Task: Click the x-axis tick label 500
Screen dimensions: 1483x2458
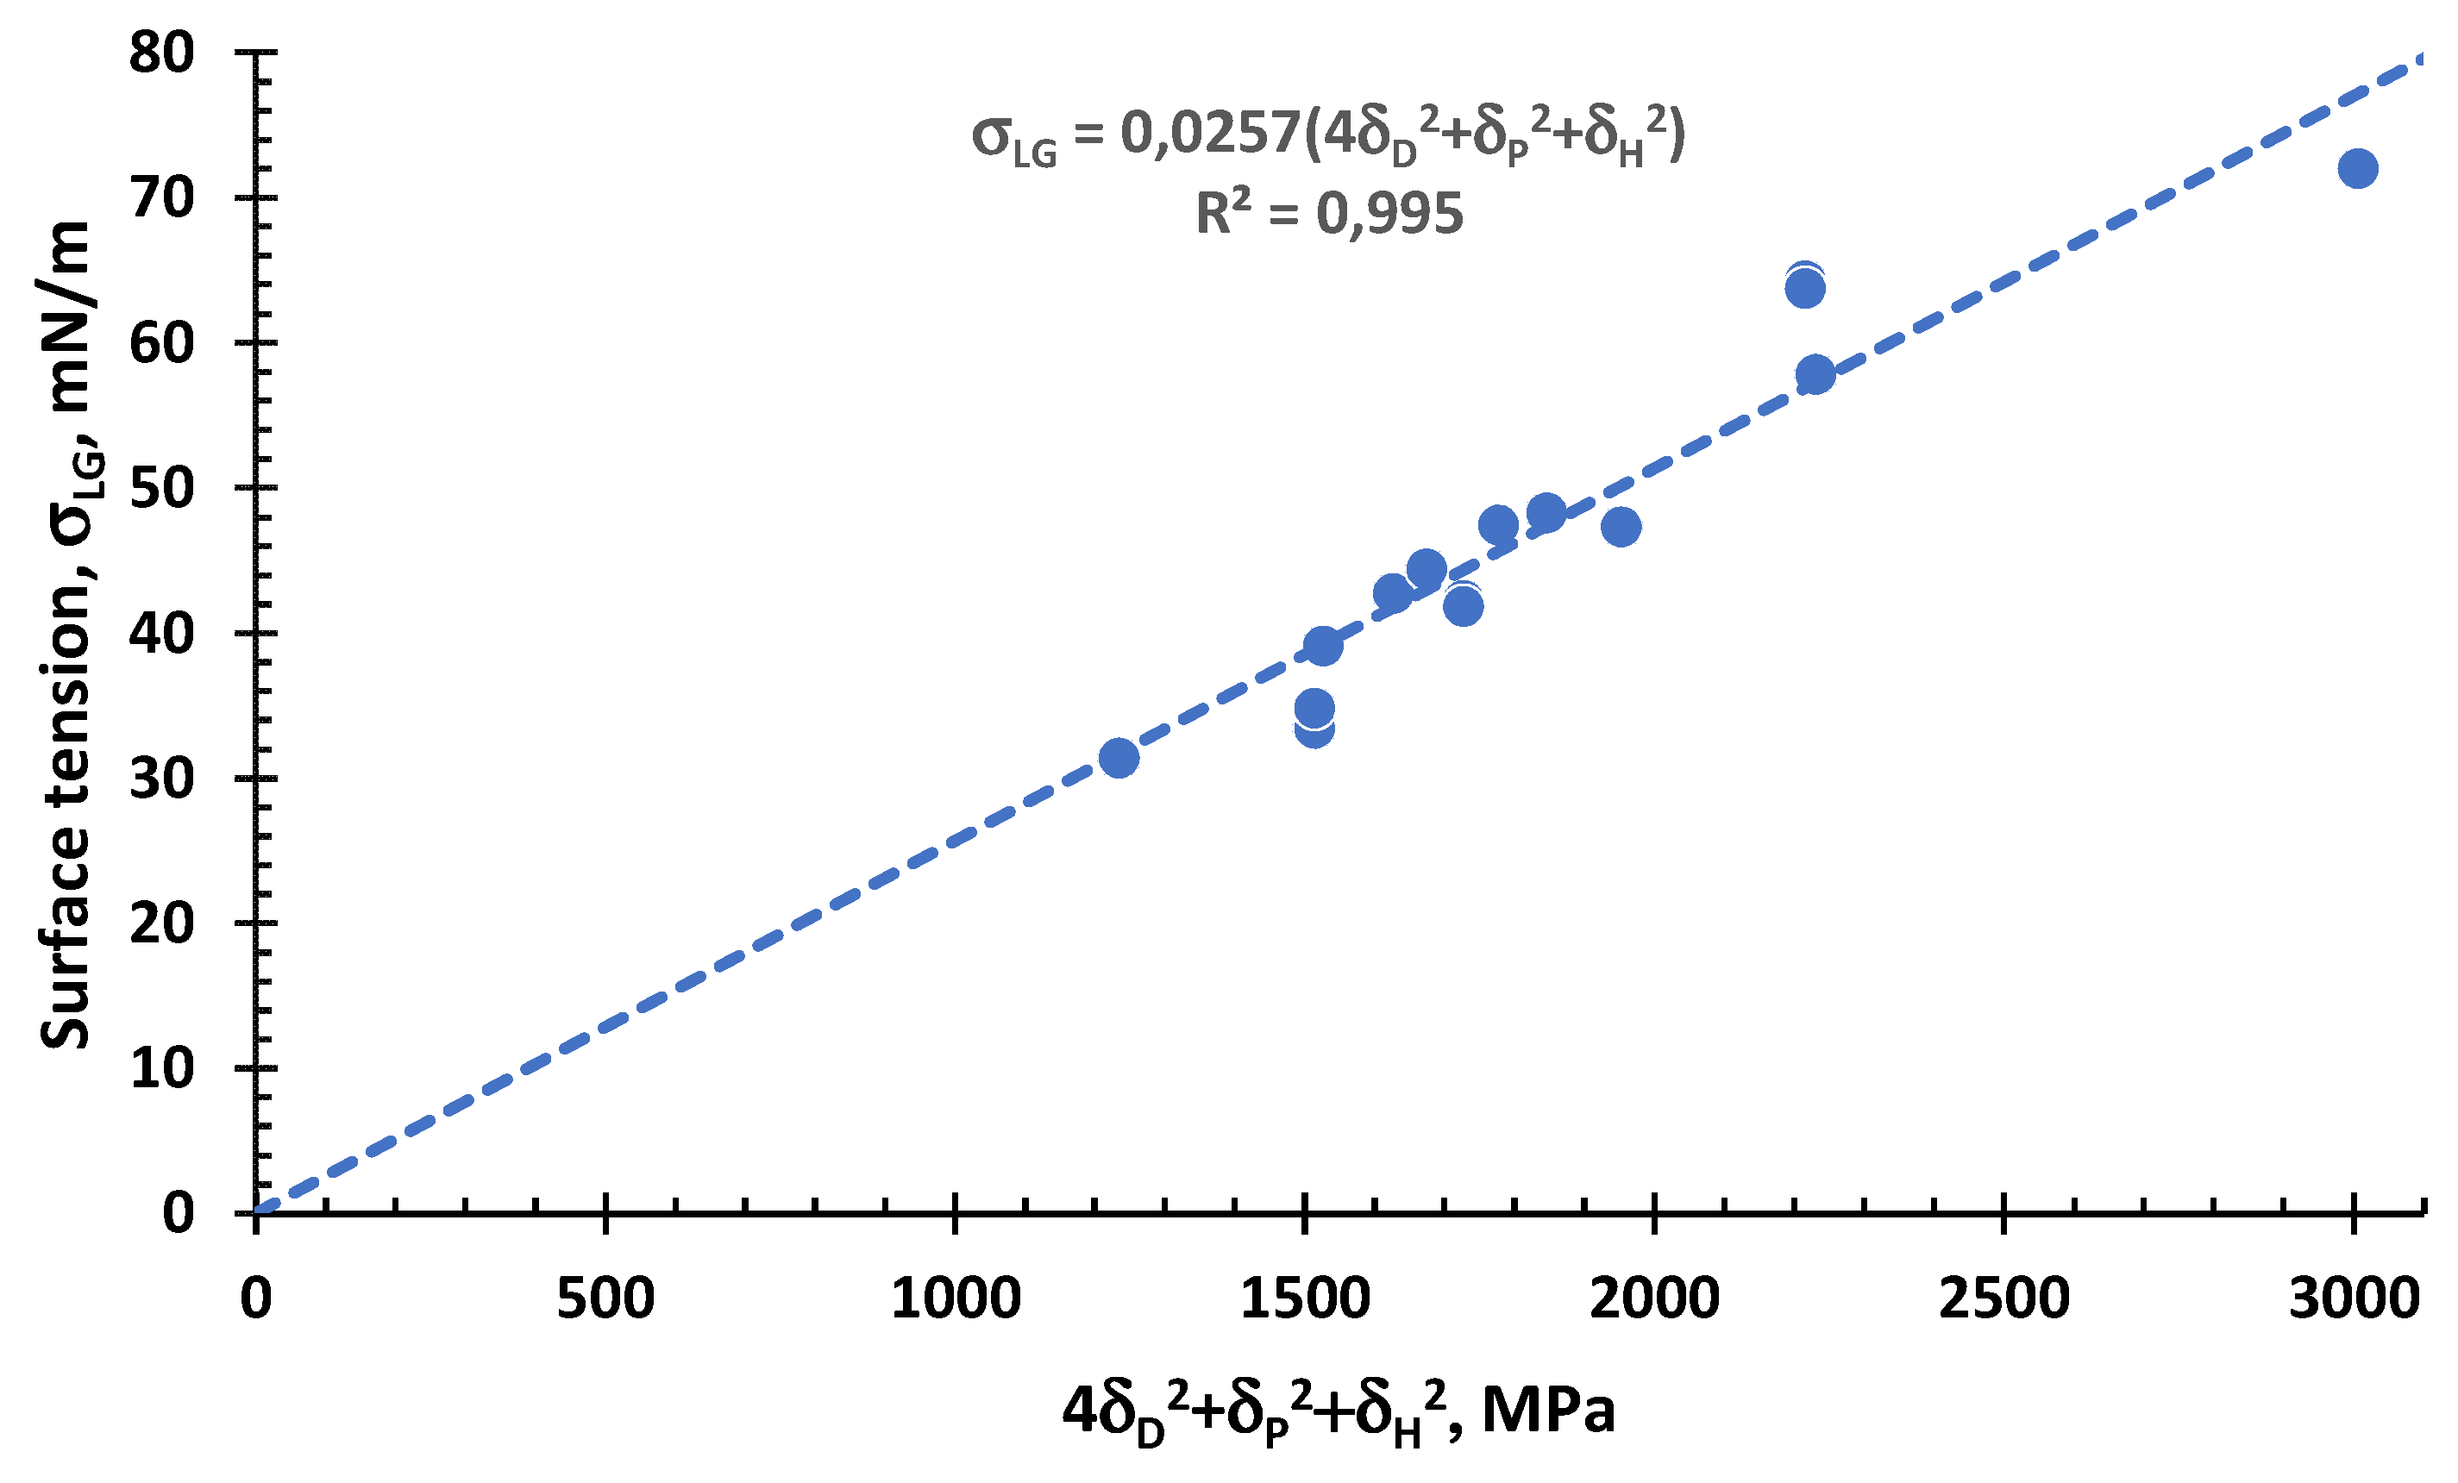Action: (x=605, y=1298)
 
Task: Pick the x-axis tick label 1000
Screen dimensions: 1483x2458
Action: (x=955, y=1298)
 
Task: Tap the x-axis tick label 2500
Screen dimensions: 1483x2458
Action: (x=2004, y=1298)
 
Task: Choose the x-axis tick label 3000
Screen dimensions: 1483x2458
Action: (x=2354, y=1298)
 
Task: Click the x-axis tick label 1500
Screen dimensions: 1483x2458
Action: (x=1305, y=1298)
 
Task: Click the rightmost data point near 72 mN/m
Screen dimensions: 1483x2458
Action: (x=2357, y=168)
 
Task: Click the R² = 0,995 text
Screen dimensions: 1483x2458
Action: (x=1329, y=214)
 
